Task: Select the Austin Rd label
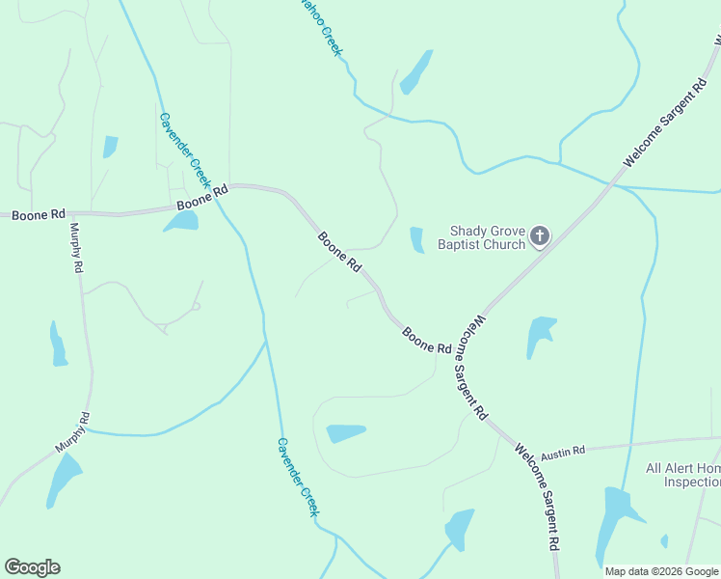[x=563, y=452]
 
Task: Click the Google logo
[x=32, y=567]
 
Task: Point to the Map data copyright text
[x=662, y=571]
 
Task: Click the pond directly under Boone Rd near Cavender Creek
[x=181, y=221]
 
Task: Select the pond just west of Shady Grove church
[x=417, y=239]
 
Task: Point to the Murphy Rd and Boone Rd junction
[x=70, y=213]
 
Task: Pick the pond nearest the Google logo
[x=64, y=480]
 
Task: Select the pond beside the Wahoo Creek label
[x=416, y=71]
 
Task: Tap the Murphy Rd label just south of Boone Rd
[x=74, y=248]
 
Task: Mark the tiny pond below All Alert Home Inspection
[x=664, y=540]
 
